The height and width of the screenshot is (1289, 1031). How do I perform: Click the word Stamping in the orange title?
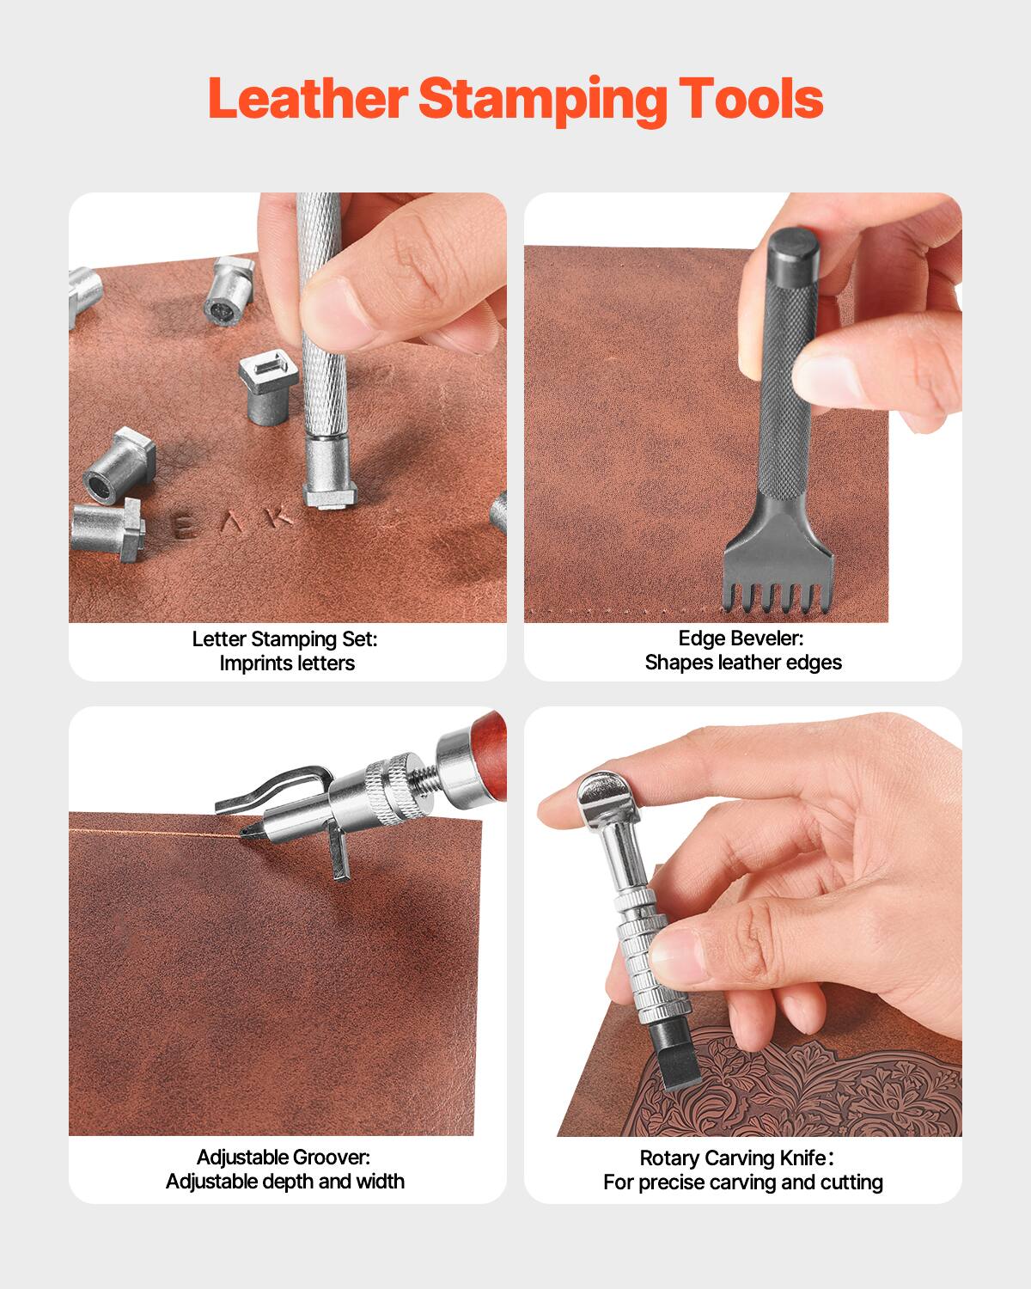[x=542, y=100]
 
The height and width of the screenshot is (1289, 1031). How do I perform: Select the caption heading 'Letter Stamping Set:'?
[x=285, y=639]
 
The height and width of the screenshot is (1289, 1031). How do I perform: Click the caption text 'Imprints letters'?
[x=287, y=663]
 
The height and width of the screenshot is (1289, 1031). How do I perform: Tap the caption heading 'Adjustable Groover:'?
[x=284, y=1158]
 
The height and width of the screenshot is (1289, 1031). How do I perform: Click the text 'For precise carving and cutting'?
[x=742, y=1182]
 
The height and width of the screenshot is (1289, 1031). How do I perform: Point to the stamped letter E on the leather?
[x=182, y=528]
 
